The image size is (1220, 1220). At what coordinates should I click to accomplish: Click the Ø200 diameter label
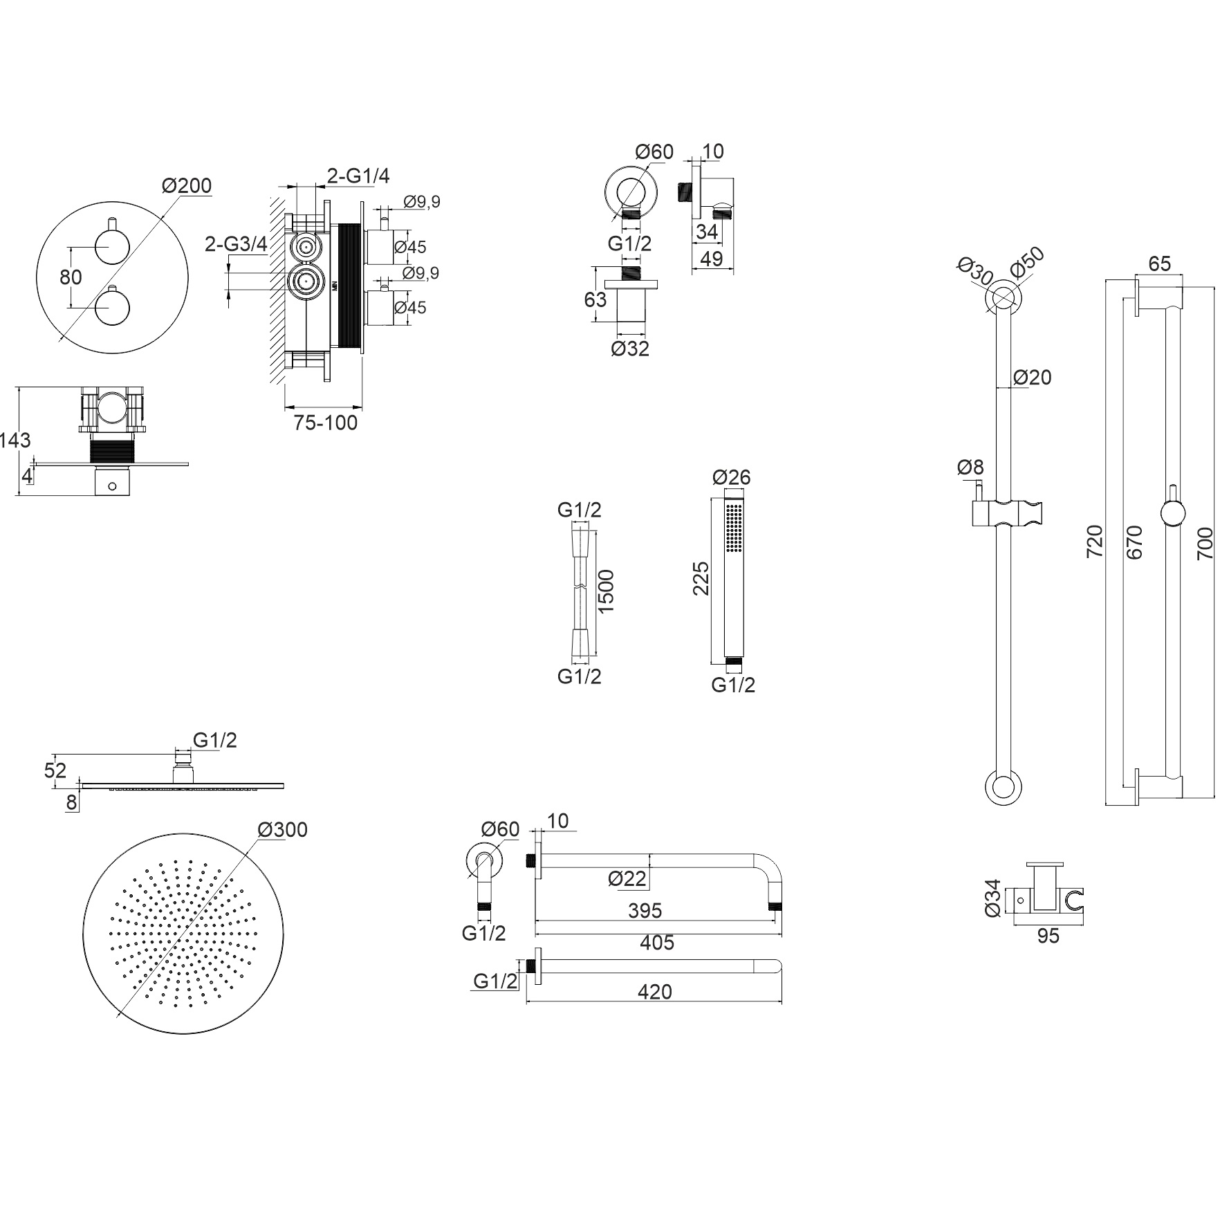(187, 185)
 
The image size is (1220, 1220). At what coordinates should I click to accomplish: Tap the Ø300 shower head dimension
(282, 829)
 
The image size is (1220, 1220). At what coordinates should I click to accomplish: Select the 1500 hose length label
(605, 591)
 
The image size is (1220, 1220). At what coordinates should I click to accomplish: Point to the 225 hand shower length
(701, 577)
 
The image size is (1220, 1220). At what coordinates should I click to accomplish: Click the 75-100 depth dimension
(325, 422)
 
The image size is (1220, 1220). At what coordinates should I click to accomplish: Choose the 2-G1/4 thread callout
(358, 176)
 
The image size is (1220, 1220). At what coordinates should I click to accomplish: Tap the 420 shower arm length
(654, 992)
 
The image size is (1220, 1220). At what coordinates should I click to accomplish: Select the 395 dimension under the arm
(645, 911)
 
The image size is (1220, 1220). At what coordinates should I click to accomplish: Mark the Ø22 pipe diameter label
(627, 878)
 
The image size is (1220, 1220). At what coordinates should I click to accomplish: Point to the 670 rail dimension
(1134, 543)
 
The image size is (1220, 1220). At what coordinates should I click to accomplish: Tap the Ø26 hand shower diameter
(731, 477)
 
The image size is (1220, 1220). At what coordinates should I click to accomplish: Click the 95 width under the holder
(1048, 936)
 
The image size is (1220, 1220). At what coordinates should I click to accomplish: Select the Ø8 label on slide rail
(970, 468)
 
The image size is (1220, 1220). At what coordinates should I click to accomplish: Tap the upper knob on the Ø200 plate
(111, 246)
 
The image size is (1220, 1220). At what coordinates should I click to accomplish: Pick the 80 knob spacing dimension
(71, 277)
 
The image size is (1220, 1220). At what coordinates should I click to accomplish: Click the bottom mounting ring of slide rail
(1002, 787)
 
